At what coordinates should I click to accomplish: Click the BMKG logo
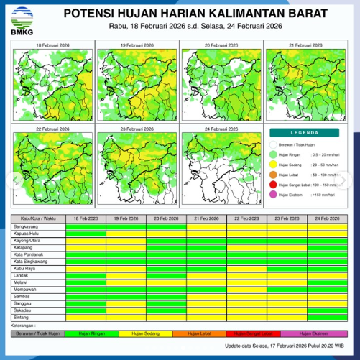point(17,17)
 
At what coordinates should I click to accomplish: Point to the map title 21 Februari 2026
point(307,45)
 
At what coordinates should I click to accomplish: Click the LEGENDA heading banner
point(307,133)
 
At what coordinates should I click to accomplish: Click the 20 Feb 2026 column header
point(165,216)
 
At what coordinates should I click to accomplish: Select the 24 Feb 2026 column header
point(328,216)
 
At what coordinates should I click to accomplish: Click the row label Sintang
point(22,315)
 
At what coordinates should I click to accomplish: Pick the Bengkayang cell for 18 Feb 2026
point(85,225)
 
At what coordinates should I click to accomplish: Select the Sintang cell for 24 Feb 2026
point(328,315)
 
